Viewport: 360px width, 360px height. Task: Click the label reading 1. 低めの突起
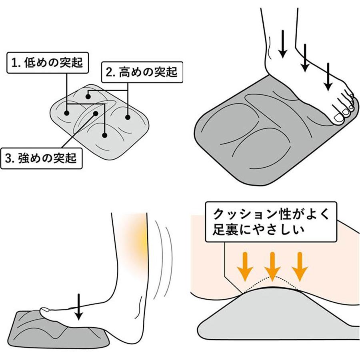point(48,63)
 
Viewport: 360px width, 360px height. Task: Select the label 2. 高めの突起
point(142,72)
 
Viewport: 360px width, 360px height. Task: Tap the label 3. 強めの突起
point(41,158)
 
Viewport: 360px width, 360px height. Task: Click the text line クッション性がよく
point(271,214)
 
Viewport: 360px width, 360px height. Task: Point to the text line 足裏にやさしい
point(258,230)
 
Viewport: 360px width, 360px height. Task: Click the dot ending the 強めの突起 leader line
point(96,114)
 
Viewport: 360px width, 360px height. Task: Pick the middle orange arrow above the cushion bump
point(272,266)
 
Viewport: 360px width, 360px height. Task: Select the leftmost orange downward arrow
point(245,266)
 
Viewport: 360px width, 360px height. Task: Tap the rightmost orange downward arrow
point(299,266)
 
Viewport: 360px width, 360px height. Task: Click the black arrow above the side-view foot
point(79,307)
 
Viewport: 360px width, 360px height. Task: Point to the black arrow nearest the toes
point(328,76)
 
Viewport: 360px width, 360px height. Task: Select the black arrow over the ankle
point(283,44)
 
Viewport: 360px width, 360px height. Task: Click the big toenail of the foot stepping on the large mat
point(338,118)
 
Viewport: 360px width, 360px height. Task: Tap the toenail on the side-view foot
point(44,310)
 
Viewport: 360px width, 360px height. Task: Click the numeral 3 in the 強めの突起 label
point(8,159)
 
